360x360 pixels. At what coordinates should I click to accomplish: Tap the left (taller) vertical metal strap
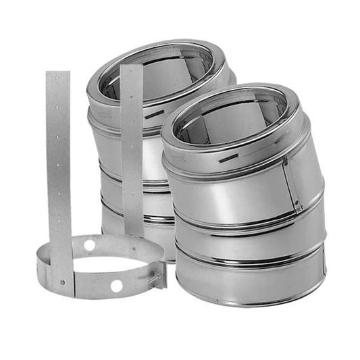[x=58, y=169]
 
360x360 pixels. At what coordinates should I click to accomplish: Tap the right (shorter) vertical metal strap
[x=131, y=149]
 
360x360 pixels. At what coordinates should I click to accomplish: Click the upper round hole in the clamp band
[x=89, y=245]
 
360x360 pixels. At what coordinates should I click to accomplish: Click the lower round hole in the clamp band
[x=116, y=286]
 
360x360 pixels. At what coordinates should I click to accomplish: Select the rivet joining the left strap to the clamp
[x=61, y=281]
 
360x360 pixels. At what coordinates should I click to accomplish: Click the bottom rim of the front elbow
[x=250, y=302]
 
